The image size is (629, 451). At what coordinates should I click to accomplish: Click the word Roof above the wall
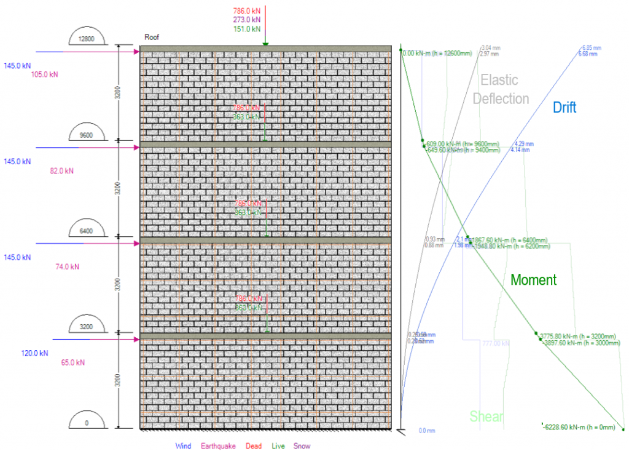coord(152,37)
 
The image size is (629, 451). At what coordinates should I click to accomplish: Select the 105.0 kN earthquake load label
coord(45,75)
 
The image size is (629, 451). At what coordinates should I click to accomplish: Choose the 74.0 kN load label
coord(66,266)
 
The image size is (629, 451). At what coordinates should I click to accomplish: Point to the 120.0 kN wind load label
coord(35,353)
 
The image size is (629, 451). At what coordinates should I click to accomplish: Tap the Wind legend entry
coord(183,446)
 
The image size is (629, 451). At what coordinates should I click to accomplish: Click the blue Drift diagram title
coord(565,108)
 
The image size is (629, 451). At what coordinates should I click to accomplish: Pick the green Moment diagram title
coord(533,280)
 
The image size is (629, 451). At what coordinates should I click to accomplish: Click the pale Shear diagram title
coord(486,417)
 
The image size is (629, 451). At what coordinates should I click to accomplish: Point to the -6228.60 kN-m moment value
coord(580,426)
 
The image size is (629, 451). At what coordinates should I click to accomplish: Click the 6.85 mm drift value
coord(592,47)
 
